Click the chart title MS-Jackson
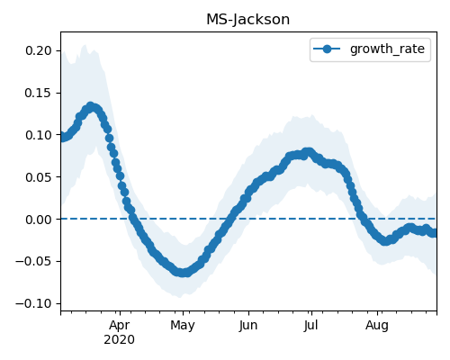pyautogui.click(x=248, y=20)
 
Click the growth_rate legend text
pyautogui.click(x=387, y=49)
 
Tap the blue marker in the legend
pyautogui.click(x=327, y=49)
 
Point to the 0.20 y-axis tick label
pyautogui.click(x=39, y=50)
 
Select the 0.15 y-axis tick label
pyautogui.click(x=39, y=93)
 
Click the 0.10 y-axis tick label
pyautogui.click(x=39, y=135)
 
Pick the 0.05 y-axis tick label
pyautogui.click(x=39, y=177)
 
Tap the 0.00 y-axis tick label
pyautogui.click(x=39, y=220)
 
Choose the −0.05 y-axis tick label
pyautogui.click(x=34, y=262)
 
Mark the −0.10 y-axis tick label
pyautogui.click(x=34, y=303)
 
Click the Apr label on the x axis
pyautogui.click(x=120, y=326)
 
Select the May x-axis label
pyautogui.click(x=183, y=326)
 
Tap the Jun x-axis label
pyautogui.click(x=248, y=326)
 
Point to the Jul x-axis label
pyautogui.click(x=310, y=326)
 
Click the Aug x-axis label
pyautogui.click(x=377, y=326)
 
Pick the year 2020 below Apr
pyautogui.click(x=120, y=340)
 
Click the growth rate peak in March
pyautogui.click(x=91, y=106)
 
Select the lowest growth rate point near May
pyautogui.click(x=184, y=273)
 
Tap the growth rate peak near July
pyautogui.click(x=308, y=152)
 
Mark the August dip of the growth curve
pyautogui.click(x=385, y=241)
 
